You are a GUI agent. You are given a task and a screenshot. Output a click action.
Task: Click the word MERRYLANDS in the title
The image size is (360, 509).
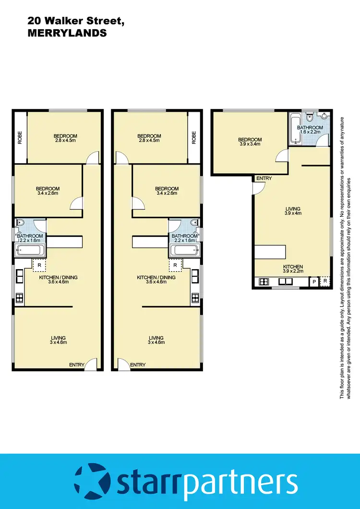(x=67, y=33)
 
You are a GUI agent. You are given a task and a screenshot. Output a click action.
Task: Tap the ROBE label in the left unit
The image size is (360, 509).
(x=20, y=138)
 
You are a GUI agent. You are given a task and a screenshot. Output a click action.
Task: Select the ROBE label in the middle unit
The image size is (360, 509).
(x=194, y=138)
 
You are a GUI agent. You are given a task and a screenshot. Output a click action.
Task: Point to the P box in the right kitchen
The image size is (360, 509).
(x=314, y=282)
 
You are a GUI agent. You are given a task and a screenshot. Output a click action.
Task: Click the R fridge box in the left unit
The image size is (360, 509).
(x=39, y=264)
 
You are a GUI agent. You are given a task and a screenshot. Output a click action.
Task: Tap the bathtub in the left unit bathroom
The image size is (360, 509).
(x=30, y=249)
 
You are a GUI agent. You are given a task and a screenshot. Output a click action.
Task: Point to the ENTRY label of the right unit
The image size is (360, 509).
(x=264, y=178)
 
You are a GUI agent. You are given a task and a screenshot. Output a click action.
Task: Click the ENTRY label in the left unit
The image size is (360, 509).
(x=76, y=365)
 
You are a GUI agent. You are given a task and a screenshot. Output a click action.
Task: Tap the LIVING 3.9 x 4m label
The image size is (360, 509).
(x=293, y=212)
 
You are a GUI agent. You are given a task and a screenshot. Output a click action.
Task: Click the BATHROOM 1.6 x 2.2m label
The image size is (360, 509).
(x=311, y=130)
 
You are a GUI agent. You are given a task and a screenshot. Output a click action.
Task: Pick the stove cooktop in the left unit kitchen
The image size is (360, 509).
(x=20, y=297)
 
